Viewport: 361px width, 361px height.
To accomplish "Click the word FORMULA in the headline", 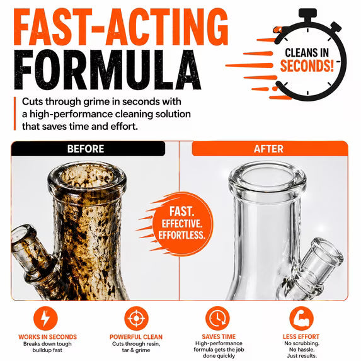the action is click(108, 69).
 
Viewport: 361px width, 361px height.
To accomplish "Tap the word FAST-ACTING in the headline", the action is click(121, 27).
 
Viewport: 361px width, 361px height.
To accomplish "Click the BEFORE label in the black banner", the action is click(86, 149).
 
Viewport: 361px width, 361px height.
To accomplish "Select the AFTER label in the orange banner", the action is click(268, 149).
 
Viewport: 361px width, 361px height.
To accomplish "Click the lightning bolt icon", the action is click(45, 318).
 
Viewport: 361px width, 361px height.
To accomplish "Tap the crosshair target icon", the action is click(136, 318).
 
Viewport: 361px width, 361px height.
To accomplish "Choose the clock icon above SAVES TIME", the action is click(217, 318).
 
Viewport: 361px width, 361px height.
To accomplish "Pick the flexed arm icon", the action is click(301, 318).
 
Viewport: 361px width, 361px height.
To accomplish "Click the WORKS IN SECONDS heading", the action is click(48, 337).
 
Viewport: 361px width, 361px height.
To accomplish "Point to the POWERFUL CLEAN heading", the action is click(136, 337).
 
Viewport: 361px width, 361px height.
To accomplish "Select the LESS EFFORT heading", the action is click(301, 336).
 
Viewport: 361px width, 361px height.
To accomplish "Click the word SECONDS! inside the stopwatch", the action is click(307, 66).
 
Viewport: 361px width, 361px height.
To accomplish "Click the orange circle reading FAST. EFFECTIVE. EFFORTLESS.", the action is click(183, 224).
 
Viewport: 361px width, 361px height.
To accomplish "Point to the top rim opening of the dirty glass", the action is click(87, 177).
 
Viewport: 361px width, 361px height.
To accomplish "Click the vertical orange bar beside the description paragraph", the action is click(15, 113).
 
